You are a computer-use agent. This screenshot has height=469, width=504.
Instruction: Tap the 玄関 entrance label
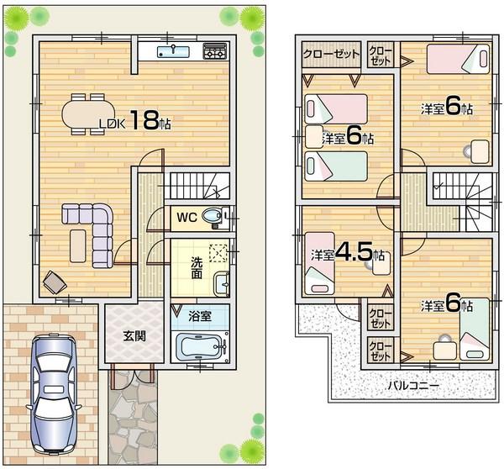[134, 336]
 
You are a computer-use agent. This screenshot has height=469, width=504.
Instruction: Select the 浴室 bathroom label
[199, 317]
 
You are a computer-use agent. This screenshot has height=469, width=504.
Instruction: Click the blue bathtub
[199, 345]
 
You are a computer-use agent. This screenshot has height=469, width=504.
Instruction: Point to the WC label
[186, 217]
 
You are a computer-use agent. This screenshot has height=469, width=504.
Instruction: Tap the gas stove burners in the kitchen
[214, 52]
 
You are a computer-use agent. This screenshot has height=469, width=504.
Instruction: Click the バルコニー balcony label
[411, 386]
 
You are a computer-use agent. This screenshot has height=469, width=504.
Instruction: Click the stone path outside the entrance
[133, 416]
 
